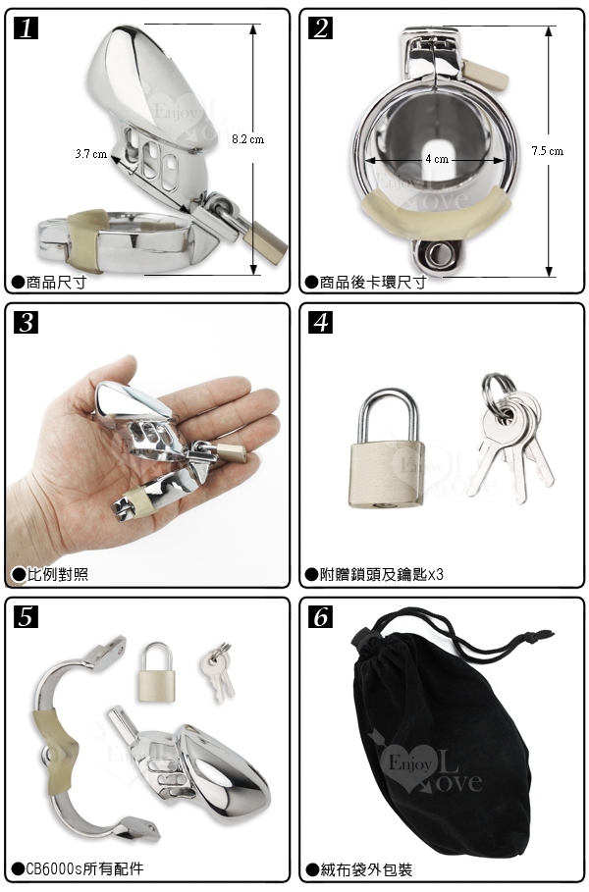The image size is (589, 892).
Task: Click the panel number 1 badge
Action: [26, 28]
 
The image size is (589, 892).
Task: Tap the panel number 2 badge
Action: [320, 28]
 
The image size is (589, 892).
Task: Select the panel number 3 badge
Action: [26, 323]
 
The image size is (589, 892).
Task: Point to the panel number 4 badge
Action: [320, 323]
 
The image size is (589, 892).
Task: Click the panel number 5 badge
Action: [26, 616]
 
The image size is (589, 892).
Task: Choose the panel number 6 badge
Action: [320, 616]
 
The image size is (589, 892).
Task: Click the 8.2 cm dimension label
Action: [248, 138]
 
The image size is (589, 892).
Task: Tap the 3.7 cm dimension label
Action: [91, 154]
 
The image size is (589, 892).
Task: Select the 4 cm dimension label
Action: [437, 159]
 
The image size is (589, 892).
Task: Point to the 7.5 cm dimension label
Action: [548, 151]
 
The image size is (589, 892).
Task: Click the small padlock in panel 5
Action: [155, 673]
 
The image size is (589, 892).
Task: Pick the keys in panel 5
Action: [217, 671]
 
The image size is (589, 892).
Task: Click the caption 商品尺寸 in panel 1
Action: [56, 283]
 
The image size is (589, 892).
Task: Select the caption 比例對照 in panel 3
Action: [58, 575]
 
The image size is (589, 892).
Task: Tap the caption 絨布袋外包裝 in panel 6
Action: [366, 869]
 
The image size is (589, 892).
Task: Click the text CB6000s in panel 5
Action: [55, 868]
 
